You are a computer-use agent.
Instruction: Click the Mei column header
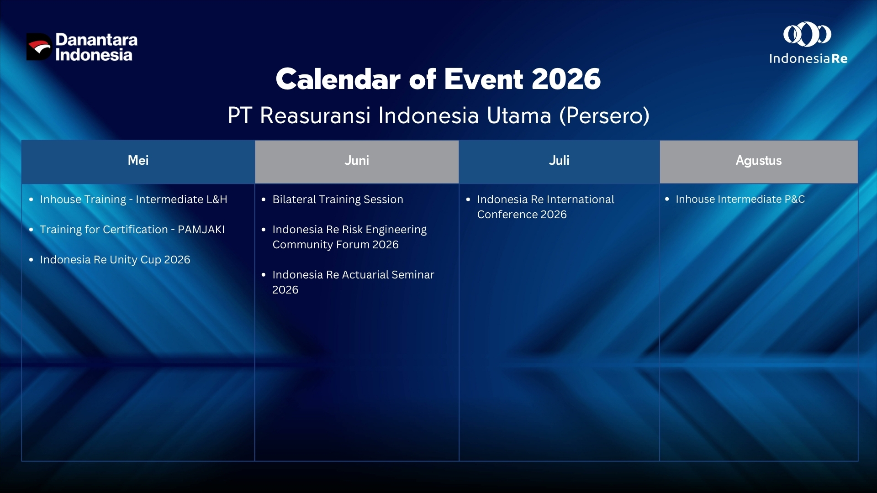138,161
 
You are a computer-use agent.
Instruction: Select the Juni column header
357,161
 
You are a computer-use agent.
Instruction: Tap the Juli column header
559,161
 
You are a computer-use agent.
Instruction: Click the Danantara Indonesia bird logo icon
39,47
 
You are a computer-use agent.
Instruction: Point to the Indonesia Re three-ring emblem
808,35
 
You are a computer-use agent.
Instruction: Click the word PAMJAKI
201,230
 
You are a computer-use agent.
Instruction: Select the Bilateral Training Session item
338,199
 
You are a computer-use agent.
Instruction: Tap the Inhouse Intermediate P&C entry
740,199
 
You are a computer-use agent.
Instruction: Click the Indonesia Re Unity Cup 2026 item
115,260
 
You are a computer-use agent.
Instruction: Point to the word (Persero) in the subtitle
604,116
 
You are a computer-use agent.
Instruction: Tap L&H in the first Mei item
217,199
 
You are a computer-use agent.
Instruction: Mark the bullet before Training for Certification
31,230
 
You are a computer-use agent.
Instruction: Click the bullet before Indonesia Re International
468,199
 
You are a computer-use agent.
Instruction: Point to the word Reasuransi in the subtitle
315,116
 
